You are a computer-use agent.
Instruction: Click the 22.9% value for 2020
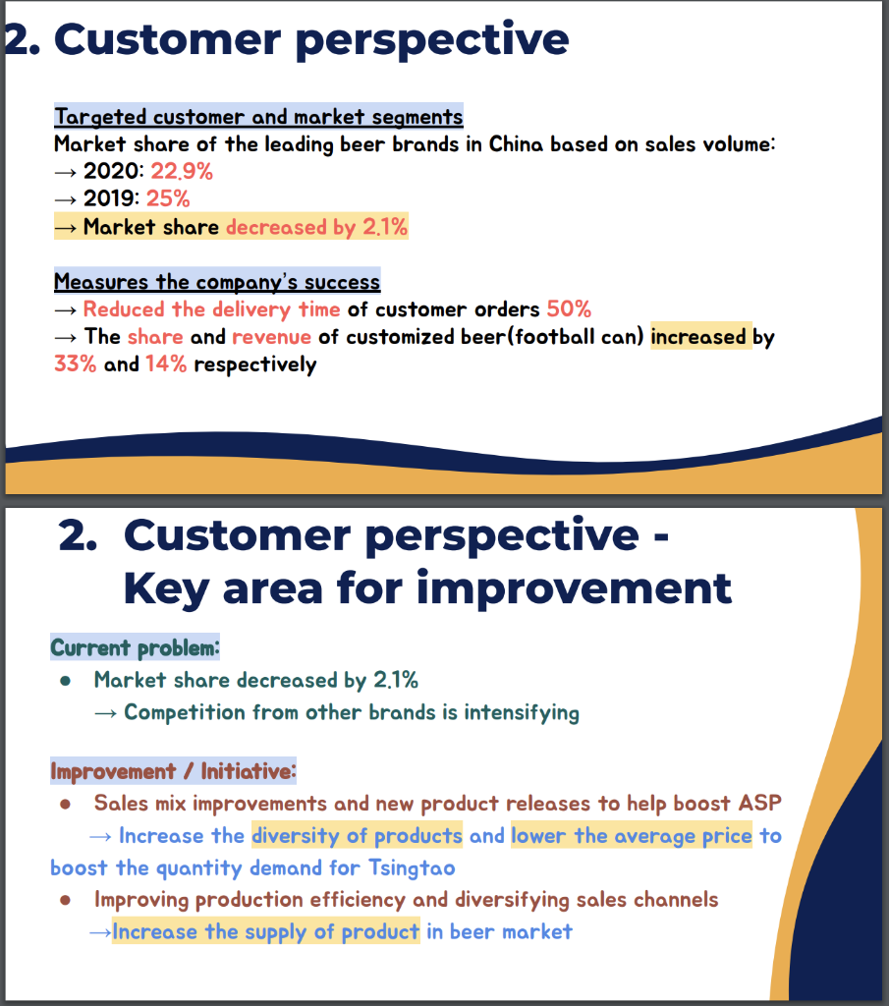click(182, 172)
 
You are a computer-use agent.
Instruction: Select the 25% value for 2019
click(168, 199)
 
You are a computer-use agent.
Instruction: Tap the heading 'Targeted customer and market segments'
click(258, 117)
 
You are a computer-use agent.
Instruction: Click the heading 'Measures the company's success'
click(217, 282)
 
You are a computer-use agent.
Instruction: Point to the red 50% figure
click(569, 309)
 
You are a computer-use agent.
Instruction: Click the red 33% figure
click(76, 365)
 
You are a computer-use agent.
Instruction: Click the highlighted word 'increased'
click(698, 337)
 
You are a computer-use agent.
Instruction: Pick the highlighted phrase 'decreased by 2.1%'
click(316, 227)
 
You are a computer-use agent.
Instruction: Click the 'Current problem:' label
click(135, 648)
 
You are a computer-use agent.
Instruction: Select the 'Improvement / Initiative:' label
click(173, 771)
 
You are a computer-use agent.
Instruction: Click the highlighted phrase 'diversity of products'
click(357, 836)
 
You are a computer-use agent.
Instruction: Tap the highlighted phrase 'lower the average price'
click(632, 836)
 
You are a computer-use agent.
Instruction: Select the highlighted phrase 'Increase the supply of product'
click(266, 931)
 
